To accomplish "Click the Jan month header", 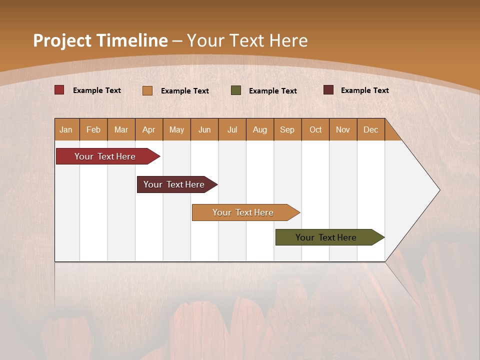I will tap(66, 129).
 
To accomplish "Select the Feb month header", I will tap(93, 129).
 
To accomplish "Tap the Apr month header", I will tap(149, 129).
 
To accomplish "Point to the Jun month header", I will tap(204, 129).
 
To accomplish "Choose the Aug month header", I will tap(260, 129).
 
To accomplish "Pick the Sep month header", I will tap(287, 129).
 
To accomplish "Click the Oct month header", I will tap(315, 129).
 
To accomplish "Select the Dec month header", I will tap(371, 129).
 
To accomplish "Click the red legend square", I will tap(59, 90).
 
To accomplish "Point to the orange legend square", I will tap(147, 90).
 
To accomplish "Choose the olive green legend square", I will tap(236, 90).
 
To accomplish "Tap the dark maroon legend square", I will tap(328, 90).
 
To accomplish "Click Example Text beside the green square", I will tap(273, 91).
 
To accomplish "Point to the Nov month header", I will tap(343, 129).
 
